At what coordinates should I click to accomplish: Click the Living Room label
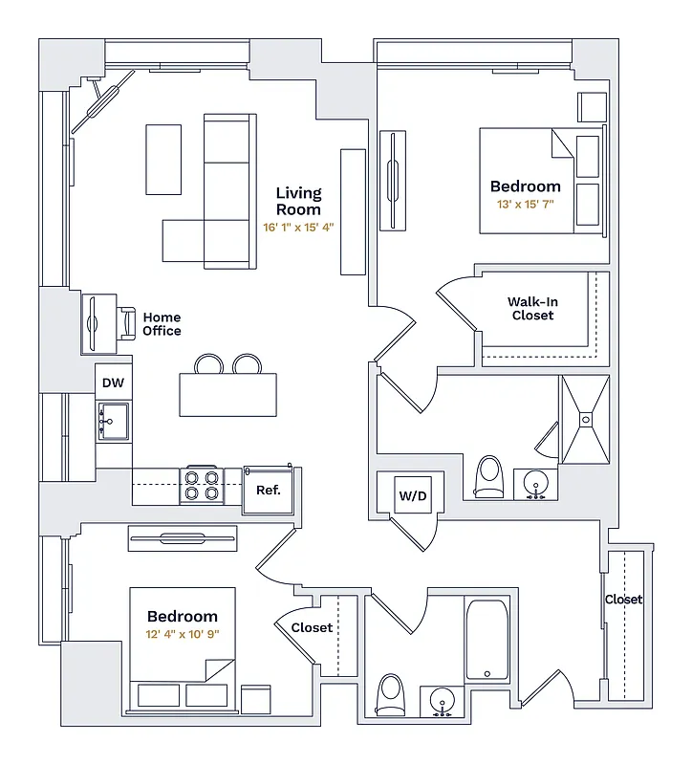tap(298, 201)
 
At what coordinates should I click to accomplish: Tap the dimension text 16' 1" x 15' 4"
tap(298, 228)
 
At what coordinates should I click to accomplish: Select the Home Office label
tap(162, 324)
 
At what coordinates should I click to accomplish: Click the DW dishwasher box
tap(113, 382)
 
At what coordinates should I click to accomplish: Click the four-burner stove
tap(203, 485)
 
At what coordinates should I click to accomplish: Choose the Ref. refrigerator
tap(268, 490)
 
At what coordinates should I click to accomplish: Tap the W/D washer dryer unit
tap(412, 496)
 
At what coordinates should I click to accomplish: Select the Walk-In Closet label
tap(532, 309)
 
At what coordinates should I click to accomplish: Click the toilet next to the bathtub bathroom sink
tap(391, 694)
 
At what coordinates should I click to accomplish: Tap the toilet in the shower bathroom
tap(488, 475)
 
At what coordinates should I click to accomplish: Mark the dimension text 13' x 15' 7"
tap(525, 205)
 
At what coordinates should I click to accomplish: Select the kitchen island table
tap(227, 394)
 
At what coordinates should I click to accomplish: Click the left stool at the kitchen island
tap(208, 364)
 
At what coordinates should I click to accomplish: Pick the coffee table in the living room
tap(162, 159)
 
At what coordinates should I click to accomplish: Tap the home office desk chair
tap(126, 323)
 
